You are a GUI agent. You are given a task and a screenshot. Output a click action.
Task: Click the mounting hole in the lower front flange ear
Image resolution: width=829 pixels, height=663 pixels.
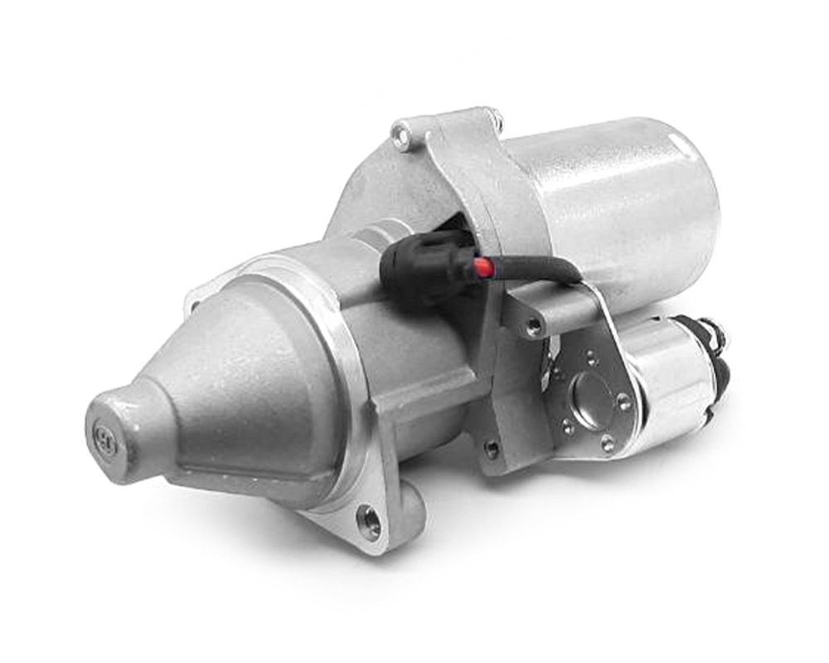[x=370, y=522]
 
